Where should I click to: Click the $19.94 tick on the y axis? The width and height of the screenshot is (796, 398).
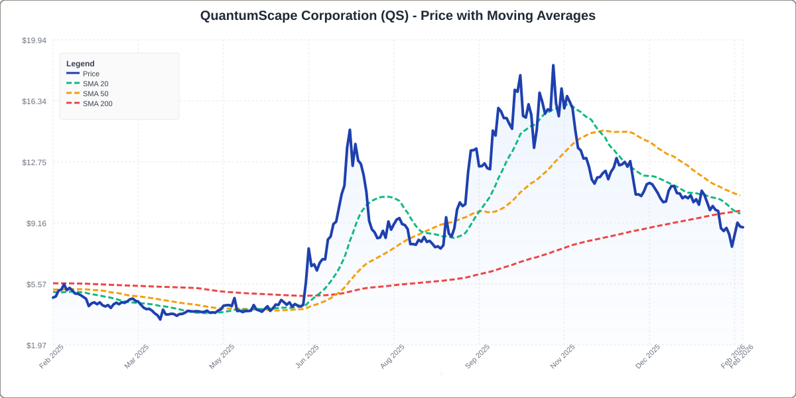point(34,40)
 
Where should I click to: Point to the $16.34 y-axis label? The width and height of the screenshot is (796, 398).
point(34,101)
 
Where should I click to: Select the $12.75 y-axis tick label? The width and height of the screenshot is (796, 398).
point(34,163)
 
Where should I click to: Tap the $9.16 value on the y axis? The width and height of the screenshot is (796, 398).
point(36,224)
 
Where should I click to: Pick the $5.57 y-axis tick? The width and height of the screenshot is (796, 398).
point(36,285)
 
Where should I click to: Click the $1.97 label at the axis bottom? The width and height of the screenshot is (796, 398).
point(36,346)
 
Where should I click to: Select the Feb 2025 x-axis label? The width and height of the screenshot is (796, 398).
point(52,356)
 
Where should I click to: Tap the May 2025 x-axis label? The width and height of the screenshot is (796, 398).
point(222,356)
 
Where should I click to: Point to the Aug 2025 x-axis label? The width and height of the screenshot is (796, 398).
point(392,356)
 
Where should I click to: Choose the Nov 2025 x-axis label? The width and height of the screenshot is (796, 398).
point(563,356)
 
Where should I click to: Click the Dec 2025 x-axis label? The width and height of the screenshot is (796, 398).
point(647,356)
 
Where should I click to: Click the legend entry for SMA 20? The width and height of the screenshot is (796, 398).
point(96,84)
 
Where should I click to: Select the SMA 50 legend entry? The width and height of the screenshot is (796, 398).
point(96,94)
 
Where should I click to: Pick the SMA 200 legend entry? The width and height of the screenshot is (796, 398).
point(98,103)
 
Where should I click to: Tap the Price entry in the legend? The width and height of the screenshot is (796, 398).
point(91,74)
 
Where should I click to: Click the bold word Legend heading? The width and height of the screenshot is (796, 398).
point(80,64)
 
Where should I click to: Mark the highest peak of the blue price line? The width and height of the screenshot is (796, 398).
point(553,66)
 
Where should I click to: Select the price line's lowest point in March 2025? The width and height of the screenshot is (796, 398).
point(161,319)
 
